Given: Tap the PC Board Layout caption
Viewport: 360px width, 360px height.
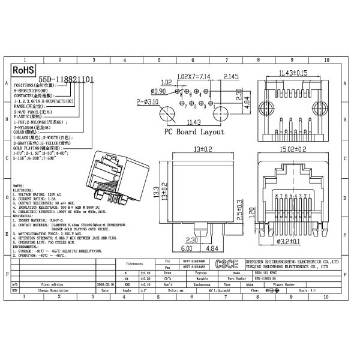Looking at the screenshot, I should [x=194, y=132].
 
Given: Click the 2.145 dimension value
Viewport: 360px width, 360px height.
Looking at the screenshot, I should [x=232, y=77].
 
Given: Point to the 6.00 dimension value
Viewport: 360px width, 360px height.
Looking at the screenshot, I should [x=186, y=247].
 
